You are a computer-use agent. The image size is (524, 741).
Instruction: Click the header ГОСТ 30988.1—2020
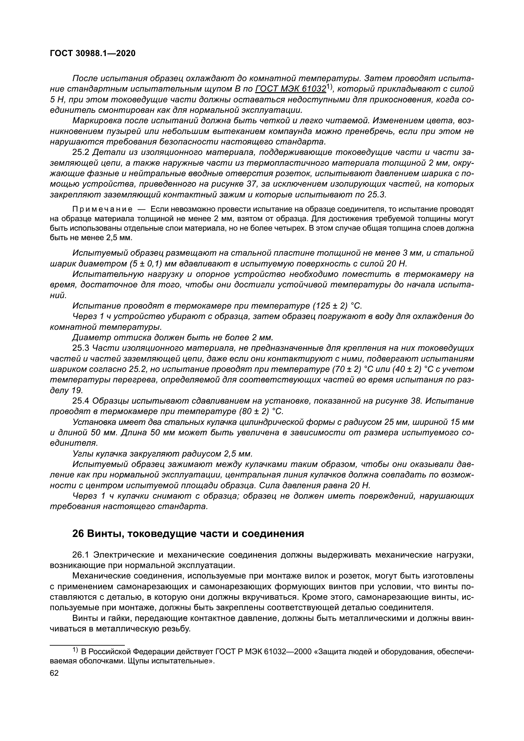point(93,54)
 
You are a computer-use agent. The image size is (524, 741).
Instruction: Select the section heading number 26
point(78,533)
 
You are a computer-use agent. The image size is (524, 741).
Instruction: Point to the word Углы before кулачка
point(83,454)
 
